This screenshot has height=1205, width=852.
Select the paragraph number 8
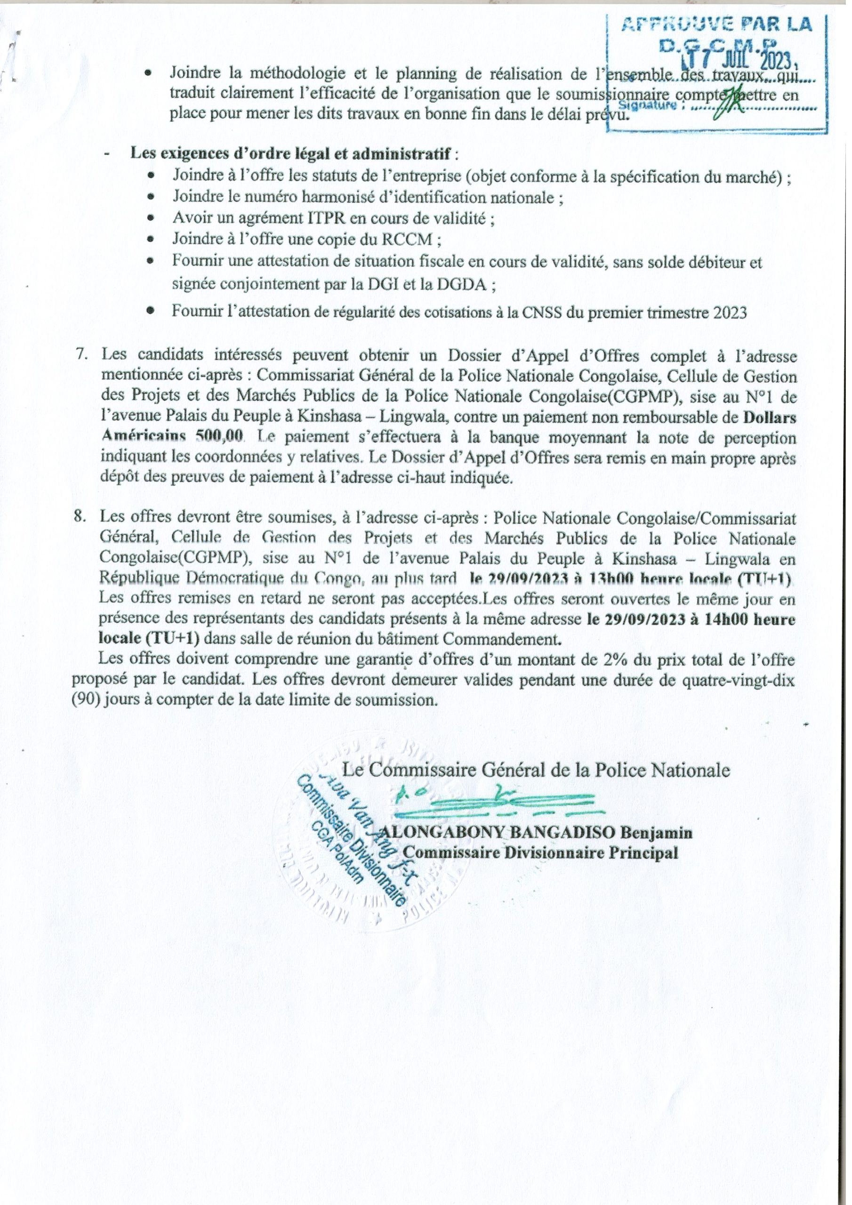coord(81,517)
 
